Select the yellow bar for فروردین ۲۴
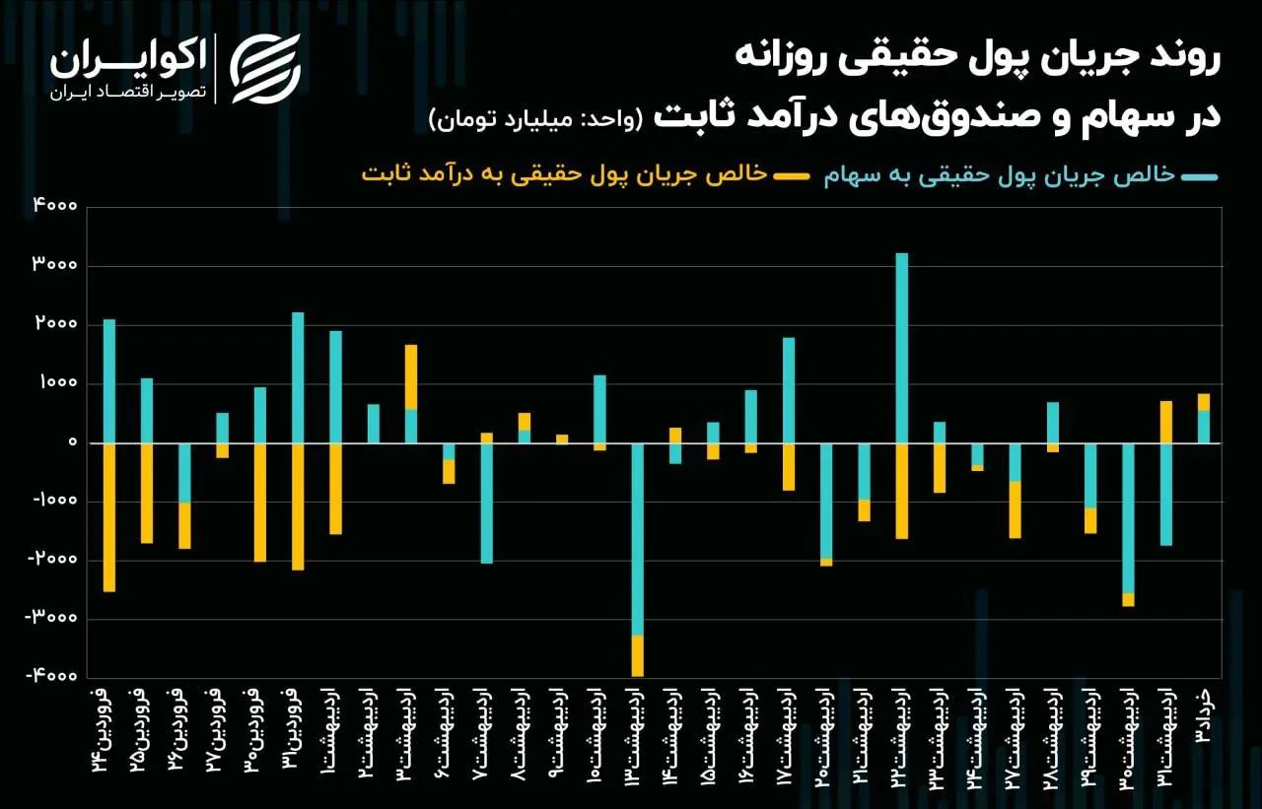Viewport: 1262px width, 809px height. click(x=109, y=517)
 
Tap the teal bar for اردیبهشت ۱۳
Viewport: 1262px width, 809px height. click(x=638, y=539)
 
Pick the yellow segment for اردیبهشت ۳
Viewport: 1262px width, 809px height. click(x=411, y=376)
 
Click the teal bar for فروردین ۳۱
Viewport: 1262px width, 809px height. click(x=298, y=377)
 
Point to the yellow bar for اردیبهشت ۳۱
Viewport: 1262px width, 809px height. click(x=1166, y=422)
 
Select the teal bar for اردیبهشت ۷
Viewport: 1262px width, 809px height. click(x=487, y=503)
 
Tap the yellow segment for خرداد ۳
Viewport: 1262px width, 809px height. click(x=1204, y=402)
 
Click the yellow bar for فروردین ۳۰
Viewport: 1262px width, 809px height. click(x=260, y=503)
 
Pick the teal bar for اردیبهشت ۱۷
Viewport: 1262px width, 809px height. click(x=789, y=390)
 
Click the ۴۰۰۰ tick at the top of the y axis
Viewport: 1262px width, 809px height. click(x=58, y=207)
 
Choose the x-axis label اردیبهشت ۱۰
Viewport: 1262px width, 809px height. click(x=600, y=730)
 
